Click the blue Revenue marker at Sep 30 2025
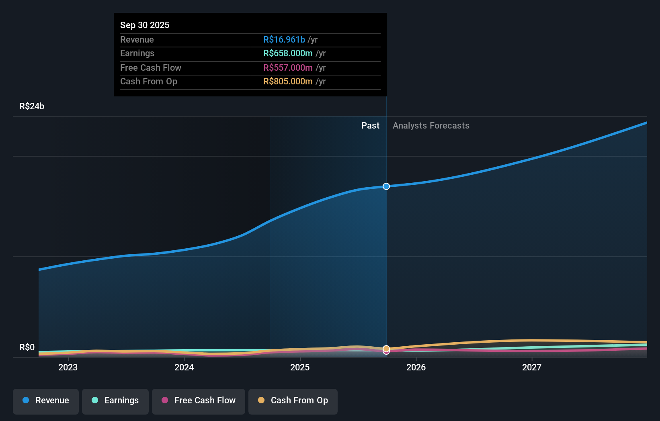point(386,186)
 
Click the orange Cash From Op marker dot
point(386,348)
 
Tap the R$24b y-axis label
point(32,106)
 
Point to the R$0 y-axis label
point(27,347)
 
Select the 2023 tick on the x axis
point(68,367)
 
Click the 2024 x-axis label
point(184,367)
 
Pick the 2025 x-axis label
point(300,367)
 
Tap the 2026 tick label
point(416,367)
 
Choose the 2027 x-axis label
point(532,367)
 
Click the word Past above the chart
point(370,126)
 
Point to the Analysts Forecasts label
point(431,126)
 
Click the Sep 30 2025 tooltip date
point(145,25)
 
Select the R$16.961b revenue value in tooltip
point(284,40)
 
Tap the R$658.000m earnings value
point(288,53)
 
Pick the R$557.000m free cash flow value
point(288,68)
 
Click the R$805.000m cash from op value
point(288,82)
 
